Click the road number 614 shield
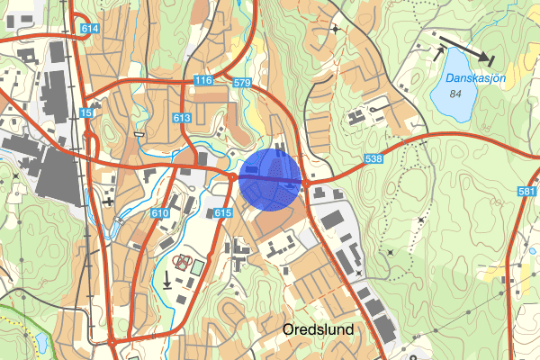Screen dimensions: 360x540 88,29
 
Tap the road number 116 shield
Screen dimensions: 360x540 202,81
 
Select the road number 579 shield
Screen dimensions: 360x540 240,83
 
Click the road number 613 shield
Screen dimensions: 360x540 182,118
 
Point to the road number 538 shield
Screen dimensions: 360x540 374,158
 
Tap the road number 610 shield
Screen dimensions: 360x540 160,213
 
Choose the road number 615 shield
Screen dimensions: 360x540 224,212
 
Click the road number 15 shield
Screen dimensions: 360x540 85,112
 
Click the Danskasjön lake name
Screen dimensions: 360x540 474,78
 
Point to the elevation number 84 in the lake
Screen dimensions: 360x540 454,94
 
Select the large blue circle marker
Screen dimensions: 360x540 270,180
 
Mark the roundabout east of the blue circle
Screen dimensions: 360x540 307,184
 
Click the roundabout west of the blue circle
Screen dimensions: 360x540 232,178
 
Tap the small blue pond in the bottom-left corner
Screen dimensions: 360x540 41,343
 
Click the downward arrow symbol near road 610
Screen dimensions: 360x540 167,279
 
